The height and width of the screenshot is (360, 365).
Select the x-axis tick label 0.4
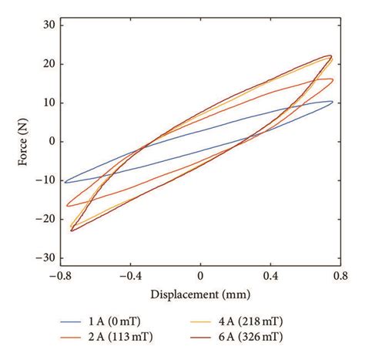click(x=270, y=275)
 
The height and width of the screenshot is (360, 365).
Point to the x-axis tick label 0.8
click(x=340, y=275)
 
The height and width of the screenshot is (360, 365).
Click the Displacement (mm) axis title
click(x=200, y=294)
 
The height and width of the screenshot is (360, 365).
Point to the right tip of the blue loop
click(x=333, y=102)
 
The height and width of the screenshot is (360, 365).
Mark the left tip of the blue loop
click(x=64, y=182)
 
